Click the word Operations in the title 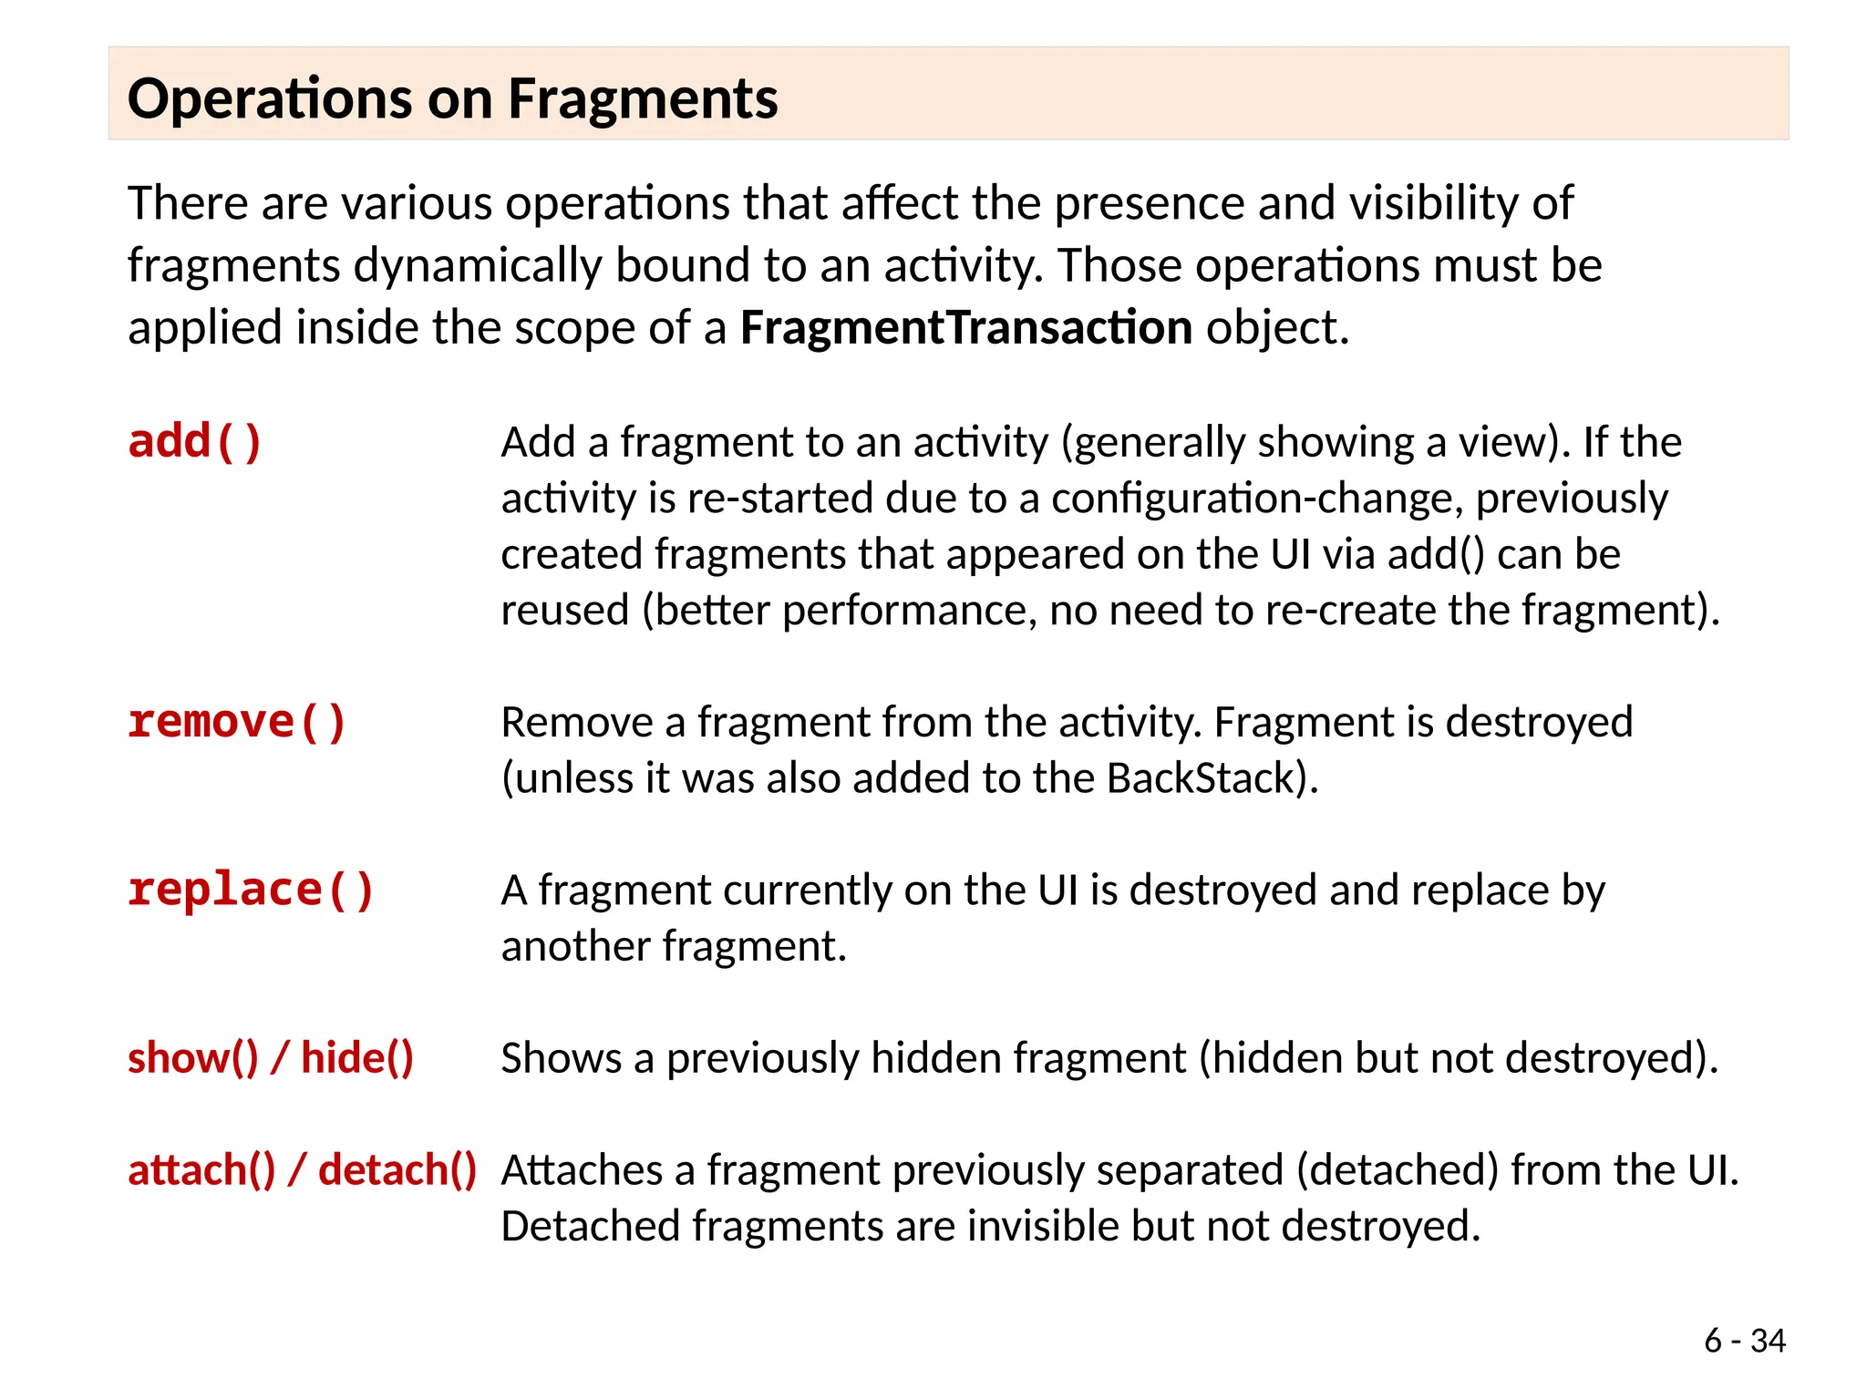tap(270, 98)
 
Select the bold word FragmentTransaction tap(965, 327)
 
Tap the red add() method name tap(195, 442)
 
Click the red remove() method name tap(237, 722)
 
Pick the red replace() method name tap(251, 890)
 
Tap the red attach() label tap(201, 1170)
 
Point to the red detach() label tap(397, 1170)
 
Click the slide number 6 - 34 tap(1744, 1341)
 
